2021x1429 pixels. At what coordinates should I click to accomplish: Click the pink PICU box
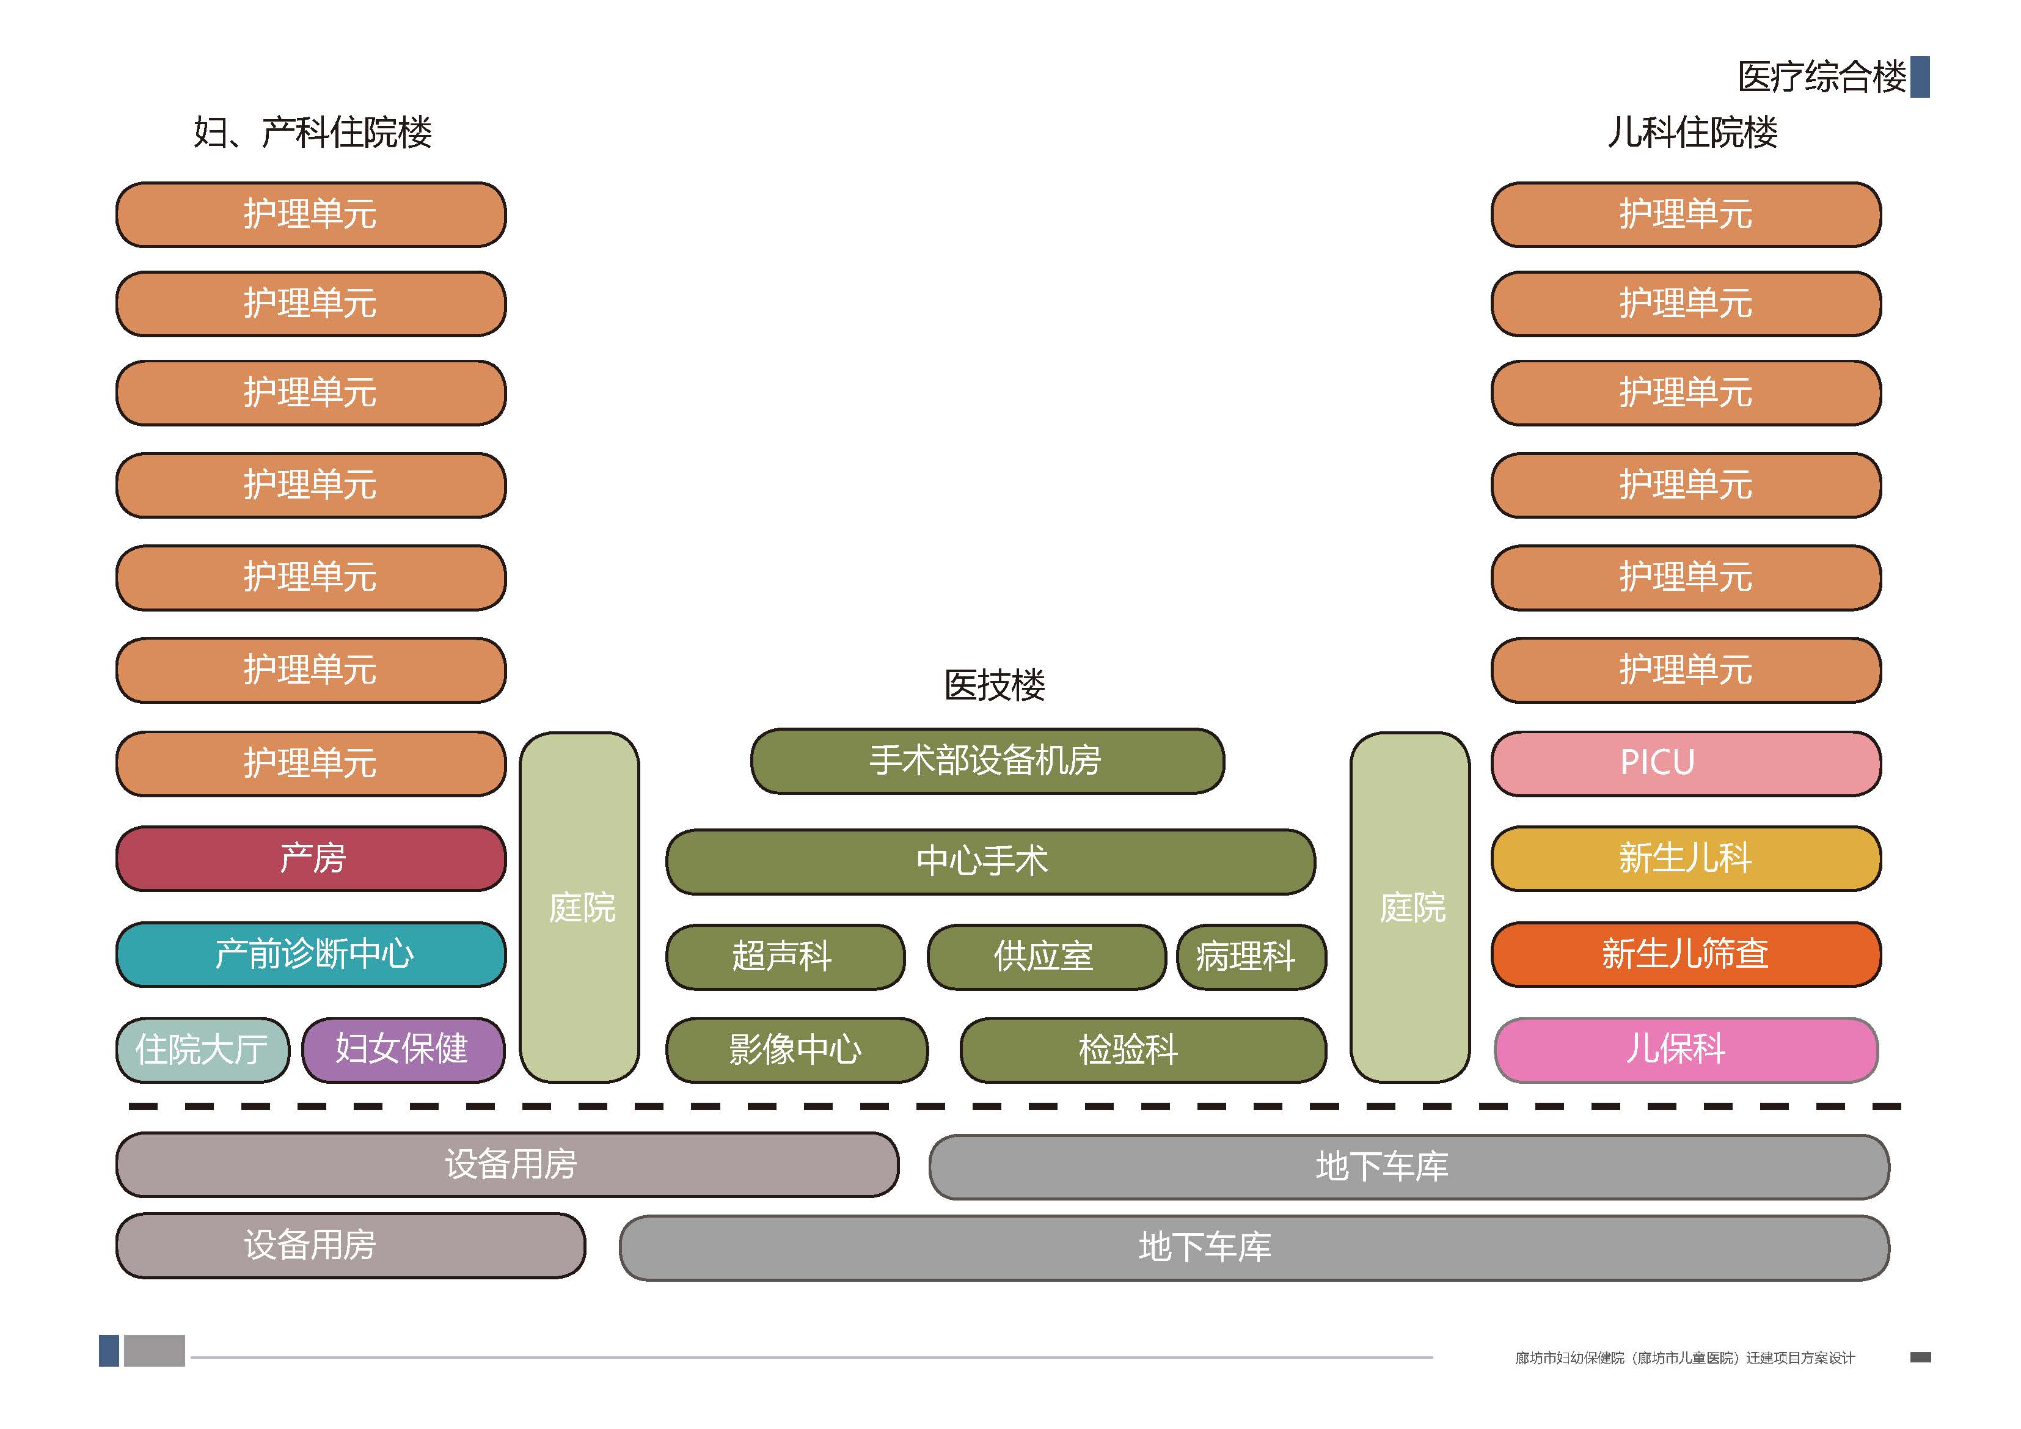coord(1685,763)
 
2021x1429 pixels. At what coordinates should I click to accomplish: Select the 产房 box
coord(311,858)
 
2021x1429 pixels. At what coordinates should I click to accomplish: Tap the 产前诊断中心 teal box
coord(311,954)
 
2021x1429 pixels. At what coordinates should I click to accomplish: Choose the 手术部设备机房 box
coord(987,761)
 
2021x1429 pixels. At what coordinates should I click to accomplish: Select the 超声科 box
coord(784,956)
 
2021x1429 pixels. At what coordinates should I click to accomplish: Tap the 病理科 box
coord(1250,956)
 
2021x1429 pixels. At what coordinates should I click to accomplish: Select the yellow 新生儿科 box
coord(1685,858)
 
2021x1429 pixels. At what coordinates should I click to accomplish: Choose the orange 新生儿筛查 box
coord(1685,954)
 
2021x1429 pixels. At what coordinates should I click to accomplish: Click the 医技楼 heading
coord(994,685)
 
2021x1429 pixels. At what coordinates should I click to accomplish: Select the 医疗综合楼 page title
coord(1821,78)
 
